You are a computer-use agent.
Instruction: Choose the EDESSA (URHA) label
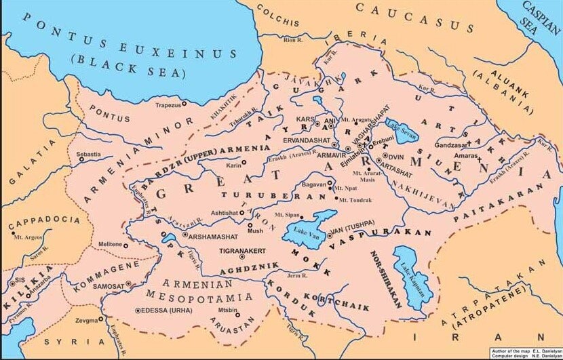166,311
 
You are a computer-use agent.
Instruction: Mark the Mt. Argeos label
28,237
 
